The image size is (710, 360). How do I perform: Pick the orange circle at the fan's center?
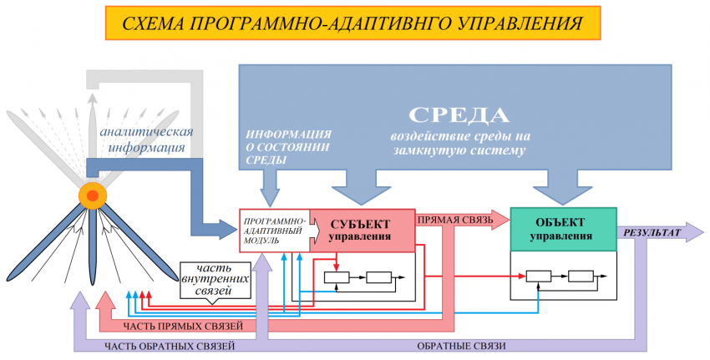tap(92, 195)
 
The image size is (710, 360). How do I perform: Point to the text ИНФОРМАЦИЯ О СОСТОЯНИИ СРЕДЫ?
tap(288, 147)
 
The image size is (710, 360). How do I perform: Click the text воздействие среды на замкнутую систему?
tap(460, 144)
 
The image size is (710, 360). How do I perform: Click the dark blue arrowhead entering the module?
tap(226, 226)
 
